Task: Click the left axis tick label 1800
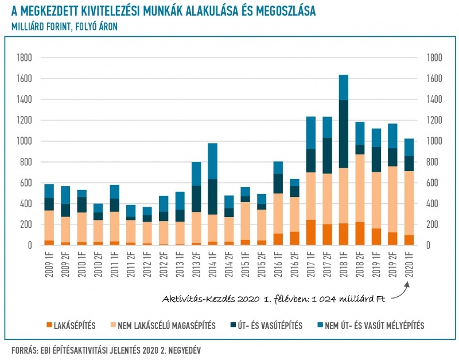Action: pyautogui.click(x=25, y=58)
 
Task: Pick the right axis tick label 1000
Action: pyautogui.click(x=433, y=141)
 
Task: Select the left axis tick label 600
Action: pyautogui.click(x=27, y=183)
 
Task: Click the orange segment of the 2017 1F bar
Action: pyautogui.click(x=311, y=233)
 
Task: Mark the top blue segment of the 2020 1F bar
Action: pyautogui.click(x=409, y=148)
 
